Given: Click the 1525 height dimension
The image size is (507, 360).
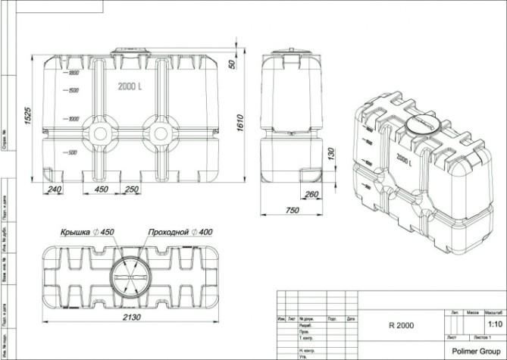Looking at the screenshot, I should pyautogui.click(x=27, y=118).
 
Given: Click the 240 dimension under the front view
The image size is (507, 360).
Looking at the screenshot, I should pyautogui.click(x=54, y=189).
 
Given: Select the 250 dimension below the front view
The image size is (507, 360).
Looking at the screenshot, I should pyautogui.click(x=132, y=189).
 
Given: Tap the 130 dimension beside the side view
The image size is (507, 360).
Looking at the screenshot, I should pyautogui.click(x=328, y=154).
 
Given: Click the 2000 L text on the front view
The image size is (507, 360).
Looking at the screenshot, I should pyautogui.click(x=130, y=86).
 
